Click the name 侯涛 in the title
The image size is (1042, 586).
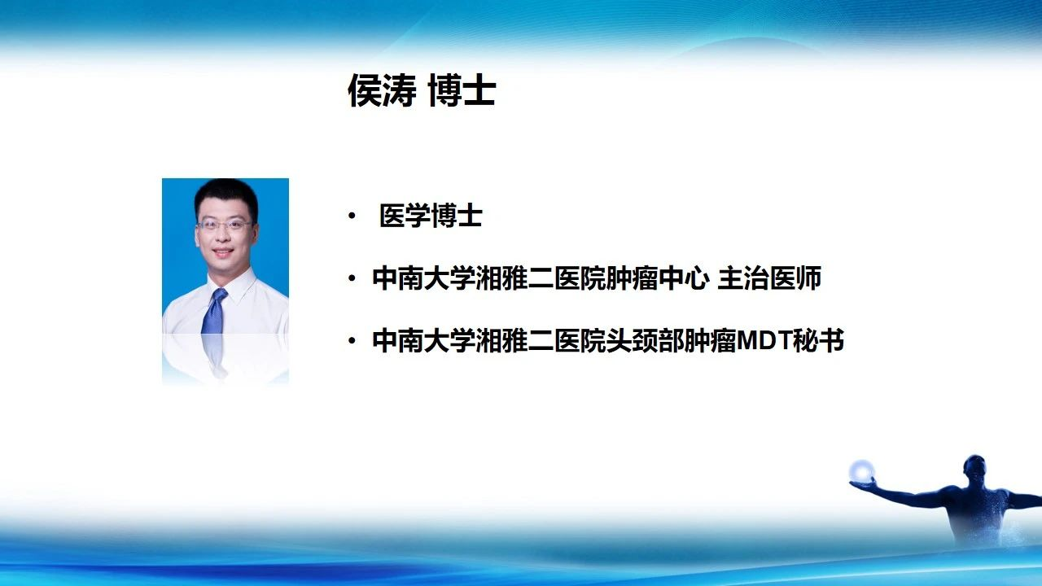(383, 90)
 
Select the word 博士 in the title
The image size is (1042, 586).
(462, 90)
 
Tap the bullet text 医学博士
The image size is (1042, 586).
(431, 216)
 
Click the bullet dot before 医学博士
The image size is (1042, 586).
(352, 216)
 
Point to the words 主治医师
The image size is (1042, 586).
(770, 278)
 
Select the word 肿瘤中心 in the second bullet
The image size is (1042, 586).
(657, 278)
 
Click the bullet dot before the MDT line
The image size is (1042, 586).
(352, 341)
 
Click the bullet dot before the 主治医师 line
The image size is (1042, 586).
(352, 278)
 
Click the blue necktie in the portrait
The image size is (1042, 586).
(214, 311)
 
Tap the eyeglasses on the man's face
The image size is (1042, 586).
(225, 225)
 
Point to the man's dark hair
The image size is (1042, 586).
(226, 195)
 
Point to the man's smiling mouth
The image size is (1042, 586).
(223, 252)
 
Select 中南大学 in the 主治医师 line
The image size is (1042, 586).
(424, 278)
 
